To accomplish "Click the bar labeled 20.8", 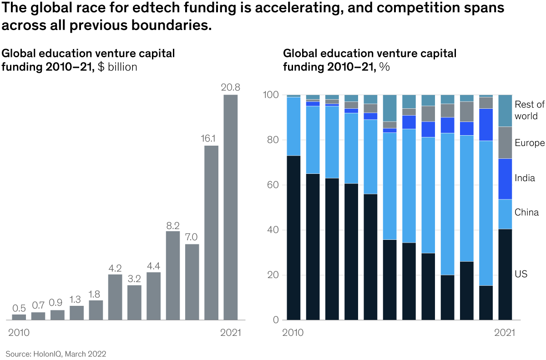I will [x=231, y=207].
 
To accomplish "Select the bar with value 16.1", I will [x=211, y=232].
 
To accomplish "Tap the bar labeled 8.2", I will [x=173, y=275].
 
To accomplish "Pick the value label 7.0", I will [x=192, y=237].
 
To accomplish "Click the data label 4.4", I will [x=154, y=265].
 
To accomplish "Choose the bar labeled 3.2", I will [x=134, y=302].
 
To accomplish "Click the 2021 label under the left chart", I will [x=230, y=333].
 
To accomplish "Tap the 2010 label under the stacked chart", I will [x=293, y=333].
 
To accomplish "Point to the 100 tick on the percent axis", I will [x=271, y=95].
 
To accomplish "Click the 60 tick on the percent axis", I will [x=273, y=185].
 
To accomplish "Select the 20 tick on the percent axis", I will [x=273, y=275].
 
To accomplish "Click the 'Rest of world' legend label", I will [x=529, y=110].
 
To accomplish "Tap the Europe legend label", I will [x=529, y=143].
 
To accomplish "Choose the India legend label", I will [x=525, y=178].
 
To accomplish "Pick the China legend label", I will [x=526, y=212].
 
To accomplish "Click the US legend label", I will [x=521, y=274].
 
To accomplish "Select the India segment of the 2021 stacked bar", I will [x=505, y=179].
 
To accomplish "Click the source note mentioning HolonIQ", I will [x=56, y=353].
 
